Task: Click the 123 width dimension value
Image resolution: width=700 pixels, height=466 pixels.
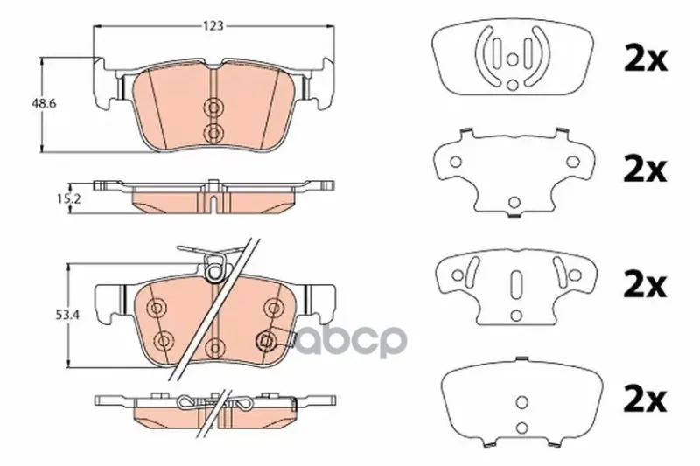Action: (x=213, y=26)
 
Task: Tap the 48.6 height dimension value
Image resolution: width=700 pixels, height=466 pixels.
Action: (x=43, y=104)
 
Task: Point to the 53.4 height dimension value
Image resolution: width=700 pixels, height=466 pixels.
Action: (x=68, y=316)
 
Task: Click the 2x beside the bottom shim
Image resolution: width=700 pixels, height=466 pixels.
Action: (x=645, y=400)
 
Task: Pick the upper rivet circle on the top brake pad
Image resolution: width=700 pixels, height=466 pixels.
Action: (x=214, y=107)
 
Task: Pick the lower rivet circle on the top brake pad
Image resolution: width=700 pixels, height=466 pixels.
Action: (x=214, y=132)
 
